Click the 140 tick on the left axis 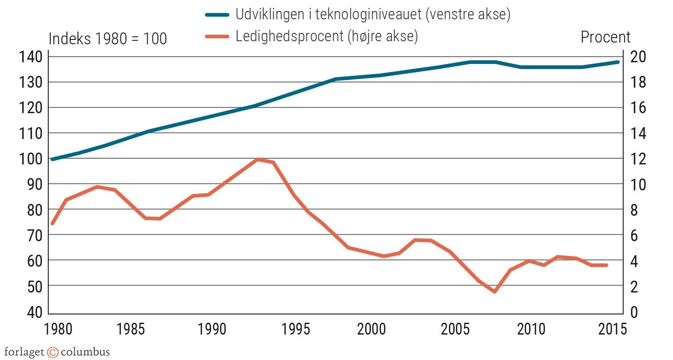pyautogui.click(x=30, y=57)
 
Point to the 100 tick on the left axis pyautogui.click(x=30, y=159)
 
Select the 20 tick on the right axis pyautogui.click(x=638, y=57)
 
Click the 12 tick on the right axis pyautogui.click(x=638, y=159)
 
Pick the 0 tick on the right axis pyautogui.click(x=634, y=312)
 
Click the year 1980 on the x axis pyautogui.click(x=58, y=329)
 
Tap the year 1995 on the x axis pyautogui.click(x=296, y=329)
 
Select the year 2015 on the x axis pyautogui.click(x=612, y=329)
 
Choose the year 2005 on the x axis pyautogui.click(x=455, y=329)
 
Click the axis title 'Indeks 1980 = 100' pyautogui.click(x=107, y=39)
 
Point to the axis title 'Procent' pyautogui.click(x=605, y=37)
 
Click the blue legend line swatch pyautogui.click(x=217, y=15)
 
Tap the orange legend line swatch pyautogui.click(x=217, y=36)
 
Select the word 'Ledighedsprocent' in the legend pyautogui.click(x=289, y=36)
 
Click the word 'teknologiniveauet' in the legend pyautogui.click(x=370, y=15)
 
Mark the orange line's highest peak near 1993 pyautogui.click(x=258, y=159)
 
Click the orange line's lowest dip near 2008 pyautogui.click(x=495, y=292)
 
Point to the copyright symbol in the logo pyautogui.click(x=53, y=352)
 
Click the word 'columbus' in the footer pyautogui.click(x=85, y=352)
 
